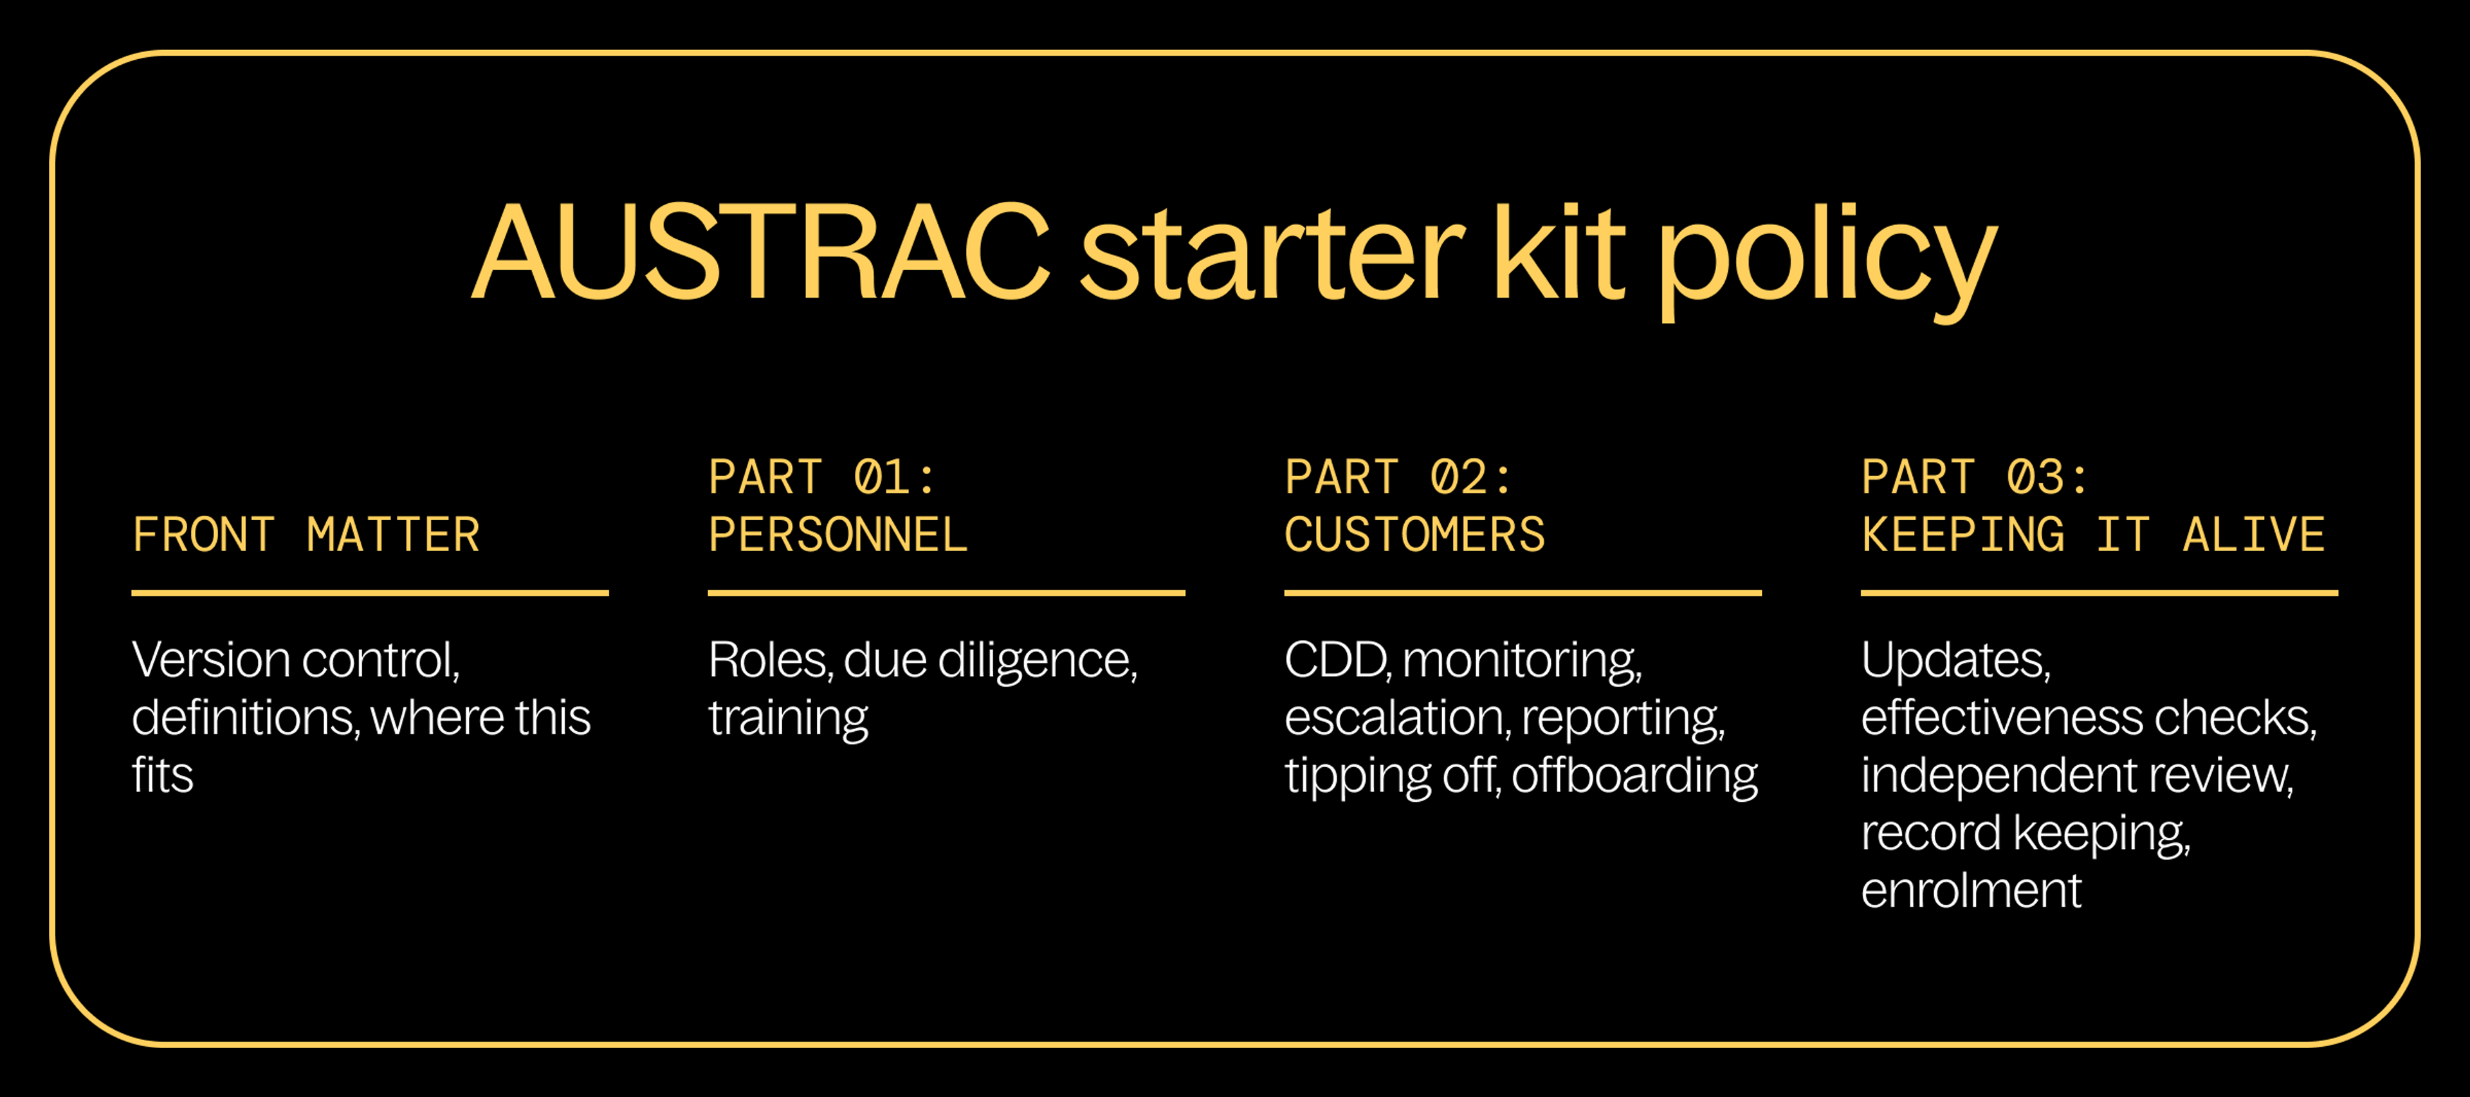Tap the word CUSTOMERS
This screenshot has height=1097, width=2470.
[1414, 535]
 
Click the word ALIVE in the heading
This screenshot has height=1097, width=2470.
[2253, 535]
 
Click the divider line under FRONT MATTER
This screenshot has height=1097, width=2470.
[370, 594]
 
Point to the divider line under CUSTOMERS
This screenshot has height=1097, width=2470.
[1523, 594]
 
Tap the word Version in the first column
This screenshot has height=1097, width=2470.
[211, 660]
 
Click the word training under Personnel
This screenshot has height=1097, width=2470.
[788, 718]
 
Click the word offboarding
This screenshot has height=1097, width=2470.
[1635, 775]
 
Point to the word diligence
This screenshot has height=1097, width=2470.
[1036, 660]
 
